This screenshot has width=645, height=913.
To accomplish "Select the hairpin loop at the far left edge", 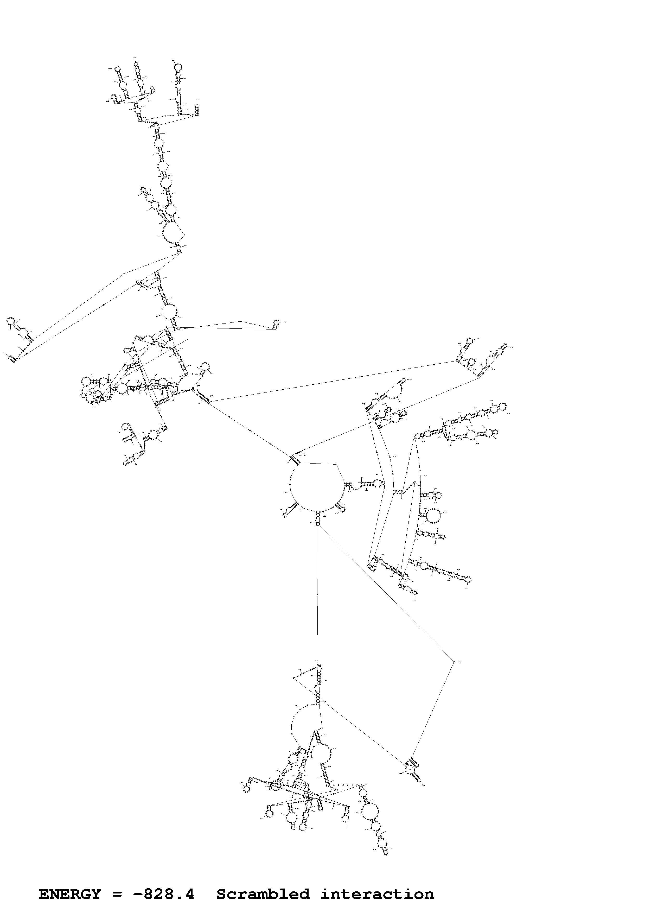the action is pyautogui.click(x=11, y=320).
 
